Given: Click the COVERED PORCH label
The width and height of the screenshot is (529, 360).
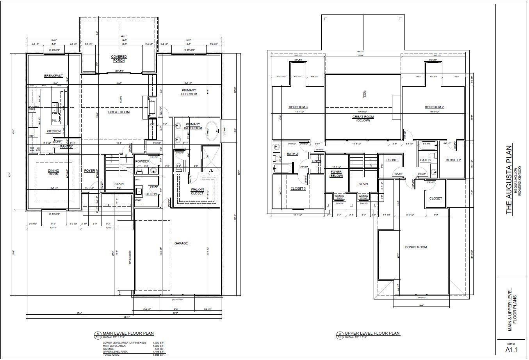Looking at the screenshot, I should click(x=119, y=59).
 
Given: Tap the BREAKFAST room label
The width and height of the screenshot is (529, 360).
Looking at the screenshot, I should click(x=53, y=76).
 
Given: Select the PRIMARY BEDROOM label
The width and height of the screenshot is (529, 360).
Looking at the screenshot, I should click(x=189, y=92).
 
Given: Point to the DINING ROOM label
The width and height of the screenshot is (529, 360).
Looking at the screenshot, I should click(x=53, y=172).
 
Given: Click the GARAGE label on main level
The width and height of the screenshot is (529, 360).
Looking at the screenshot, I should click(x=181, y=243).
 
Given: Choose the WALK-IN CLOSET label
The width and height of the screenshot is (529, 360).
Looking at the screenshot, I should click(x=197, y=191).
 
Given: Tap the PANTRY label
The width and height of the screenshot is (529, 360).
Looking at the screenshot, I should click(x=66, y=146).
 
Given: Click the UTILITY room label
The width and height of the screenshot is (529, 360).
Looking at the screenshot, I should click(x=151, y=194).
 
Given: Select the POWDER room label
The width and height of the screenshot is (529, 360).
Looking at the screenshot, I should click(x=142, y=161).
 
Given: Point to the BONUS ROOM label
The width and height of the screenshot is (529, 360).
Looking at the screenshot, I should click(x=416, y=247).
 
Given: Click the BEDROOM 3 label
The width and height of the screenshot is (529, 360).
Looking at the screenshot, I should click(x=298, y=107).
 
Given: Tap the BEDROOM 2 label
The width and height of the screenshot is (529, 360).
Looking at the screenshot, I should click(x=434, y=107).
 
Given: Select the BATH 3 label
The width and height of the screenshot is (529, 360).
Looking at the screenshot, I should click(x=292, y=154).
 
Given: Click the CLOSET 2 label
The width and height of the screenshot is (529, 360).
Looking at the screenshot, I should click(x=453, y=160).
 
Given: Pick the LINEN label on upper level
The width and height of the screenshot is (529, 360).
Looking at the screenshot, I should click(x=316, y=161).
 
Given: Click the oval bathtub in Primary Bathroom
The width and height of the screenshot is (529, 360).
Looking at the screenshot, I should click(x=213, y=132).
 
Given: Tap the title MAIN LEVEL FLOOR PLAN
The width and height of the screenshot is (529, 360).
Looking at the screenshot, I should click(x=128, y=333).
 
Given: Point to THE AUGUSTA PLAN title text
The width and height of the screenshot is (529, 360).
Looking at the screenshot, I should click(x=509, y=180).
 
